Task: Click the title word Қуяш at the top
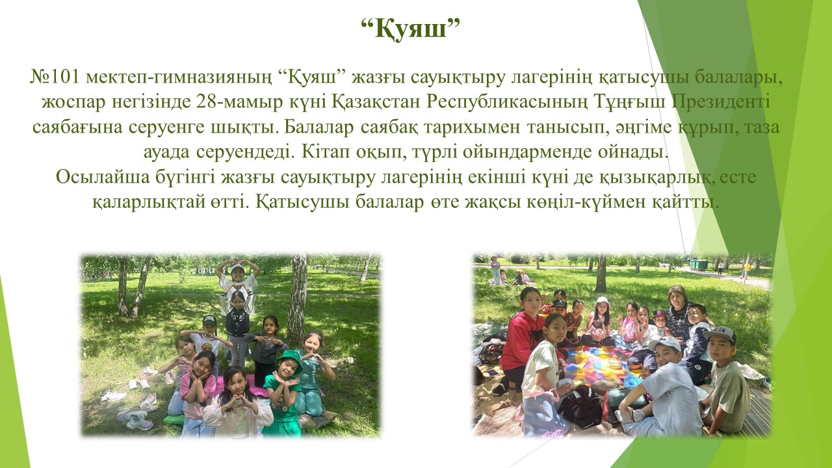click(410, 29)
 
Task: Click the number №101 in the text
click(55, 77)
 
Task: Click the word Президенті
click(721, 102)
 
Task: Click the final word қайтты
click(684, 202)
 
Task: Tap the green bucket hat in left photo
click(289, 360)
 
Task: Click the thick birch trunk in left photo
click(297, 297)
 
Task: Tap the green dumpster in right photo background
click(698, 265)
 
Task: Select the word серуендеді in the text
click(245, 152)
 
